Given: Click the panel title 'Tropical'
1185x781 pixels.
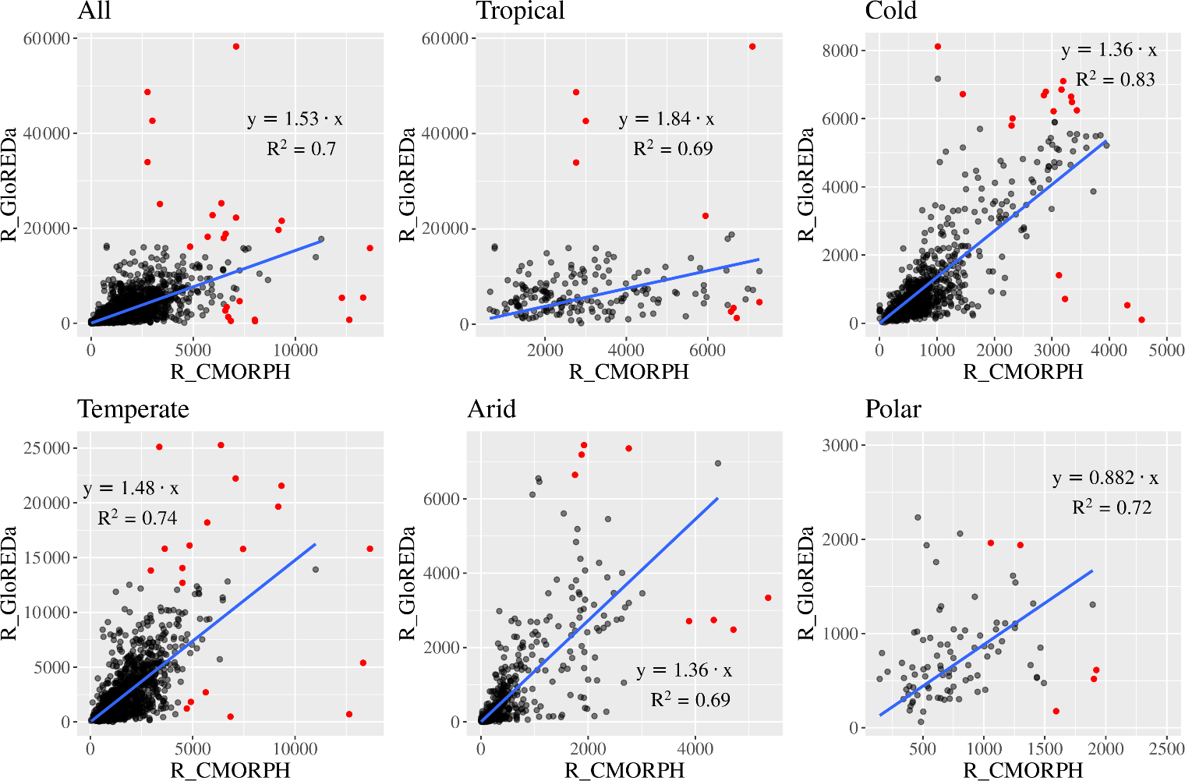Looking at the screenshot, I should click(520, 11).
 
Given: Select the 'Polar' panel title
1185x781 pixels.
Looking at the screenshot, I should click(893, 409).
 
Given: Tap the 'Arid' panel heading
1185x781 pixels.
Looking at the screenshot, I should click(491, 409).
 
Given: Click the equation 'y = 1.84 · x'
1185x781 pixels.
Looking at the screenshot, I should click(666, 119).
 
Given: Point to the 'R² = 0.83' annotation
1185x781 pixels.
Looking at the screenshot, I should click(1115, 80).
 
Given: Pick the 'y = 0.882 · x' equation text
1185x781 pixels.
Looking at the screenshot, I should click(1105, 478).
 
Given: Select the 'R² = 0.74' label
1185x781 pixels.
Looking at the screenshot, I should click(137, 518).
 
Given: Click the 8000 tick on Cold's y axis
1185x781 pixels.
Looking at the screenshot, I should click(840, 51).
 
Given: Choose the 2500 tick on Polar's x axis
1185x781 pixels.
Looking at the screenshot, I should click(1166, 748).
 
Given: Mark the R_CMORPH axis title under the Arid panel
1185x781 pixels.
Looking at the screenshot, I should click(624, 770).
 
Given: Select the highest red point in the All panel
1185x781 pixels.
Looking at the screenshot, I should click(236, 47).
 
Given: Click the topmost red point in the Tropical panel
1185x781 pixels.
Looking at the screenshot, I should click(752, 47).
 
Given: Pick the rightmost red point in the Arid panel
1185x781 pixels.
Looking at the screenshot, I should click(768, 598).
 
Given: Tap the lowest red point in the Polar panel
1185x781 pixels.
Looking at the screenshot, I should click(1056, 711).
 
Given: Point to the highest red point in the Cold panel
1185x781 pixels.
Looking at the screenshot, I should click(938, 47).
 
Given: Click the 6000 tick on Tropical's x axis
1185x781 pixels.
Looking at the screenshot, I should click(707, 351).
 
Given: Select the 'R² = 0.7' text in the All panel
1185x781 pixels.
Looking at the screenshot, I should click(301, 149).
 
